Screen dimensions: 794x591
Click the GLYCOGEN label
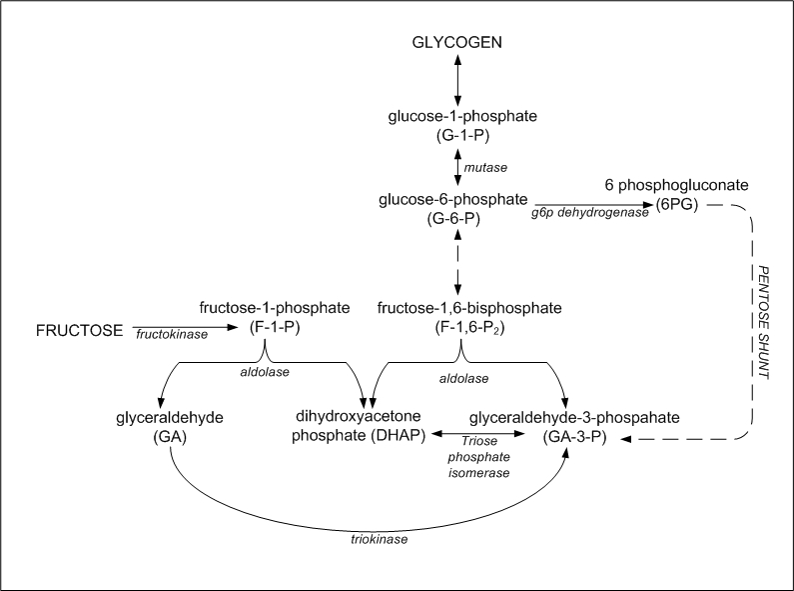[x=456, y=42]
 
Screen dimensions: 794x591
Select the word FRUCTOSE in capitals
[x=79, y=331]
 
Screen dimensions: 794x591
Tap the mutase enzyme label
[x=485, y=168]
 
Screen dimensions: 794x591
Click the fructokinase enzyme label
[x=172, y=335]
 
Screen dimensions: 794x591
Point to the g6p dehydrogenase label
[x=590, y=213]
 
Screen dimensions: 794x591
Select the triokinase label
[x=380, y=539]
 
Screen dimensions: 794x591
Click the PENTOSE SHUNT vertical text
[x=763, y=323]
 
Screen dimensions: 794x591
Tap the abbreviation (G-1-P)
[x=462, y=136]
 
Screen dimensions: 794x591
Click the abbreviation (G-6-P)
[x=453, y=219]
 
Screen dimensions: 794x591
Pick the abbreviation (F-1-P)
[x=275, y=328]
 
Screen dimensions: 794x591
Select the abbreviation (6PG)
[x=677, y=205]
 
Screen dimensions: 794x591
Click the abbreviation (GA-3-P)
[x=574, y=437]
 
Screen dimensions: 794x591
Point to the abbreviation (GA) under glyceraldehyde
[x=170, y=437]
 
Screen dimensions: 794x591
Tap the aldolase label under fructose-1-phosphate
[x=265, y=372]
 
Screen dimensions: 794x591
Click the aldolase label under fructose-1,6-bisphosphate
[x=463, y=379]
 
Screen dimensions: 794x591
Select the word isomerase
[x=479, y=473]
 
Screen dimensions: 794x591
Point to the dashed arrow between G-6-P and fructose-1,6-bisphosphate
[x=457, y=262]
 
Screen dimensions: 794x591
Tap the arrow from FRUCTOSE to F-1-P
[x=186, y=327]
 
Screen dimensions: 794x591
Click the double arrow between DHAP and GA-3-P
[x=477, y=433]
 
